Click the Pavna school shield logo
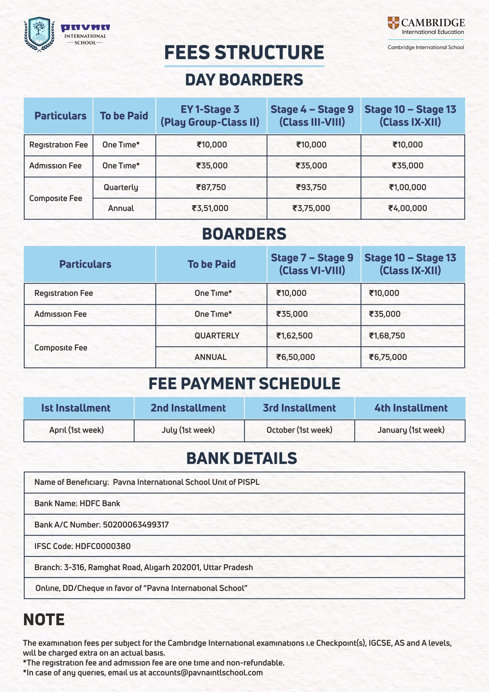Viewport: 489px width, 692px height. pos(39,34)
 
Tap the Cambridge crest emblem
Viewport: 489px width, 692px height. pos(393,23)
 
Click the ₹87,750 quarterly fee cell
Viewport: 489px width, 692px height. pos(211,187)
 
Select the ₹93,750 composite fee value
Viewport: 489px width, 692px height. pos(311,187)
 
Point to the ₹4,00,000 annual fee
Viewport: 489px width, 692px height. pos(407,208)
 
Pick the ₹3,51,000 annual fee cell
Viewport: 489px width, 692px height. pos(210,208)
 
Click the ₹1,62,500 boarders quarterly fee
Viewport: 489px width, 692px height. pos(294,335)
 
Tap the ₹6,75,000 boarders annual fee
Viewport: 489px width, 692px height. pos(388,357)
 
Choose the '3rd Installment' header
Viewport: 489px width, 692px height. pos(299,408)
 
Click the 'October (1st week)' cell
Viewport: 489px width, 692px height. pos(299,430)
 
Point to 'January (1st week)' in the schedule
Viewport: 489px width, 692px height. pos(411,430)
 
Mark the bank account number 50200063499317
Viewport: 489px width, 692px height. pos(136,524)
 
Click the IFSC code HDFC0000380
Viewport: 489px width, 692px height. pos(102,546)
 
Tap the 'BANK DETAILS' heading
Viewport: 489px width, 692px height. pos(242,458)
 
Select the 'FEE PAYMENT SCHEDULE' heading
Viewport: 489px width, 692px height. pos(244,383)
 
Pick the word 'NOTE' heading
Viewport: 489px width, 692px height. pos(44,619)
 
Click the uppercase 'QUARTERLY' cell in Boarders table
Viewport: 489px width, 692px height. pos(217,335)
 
